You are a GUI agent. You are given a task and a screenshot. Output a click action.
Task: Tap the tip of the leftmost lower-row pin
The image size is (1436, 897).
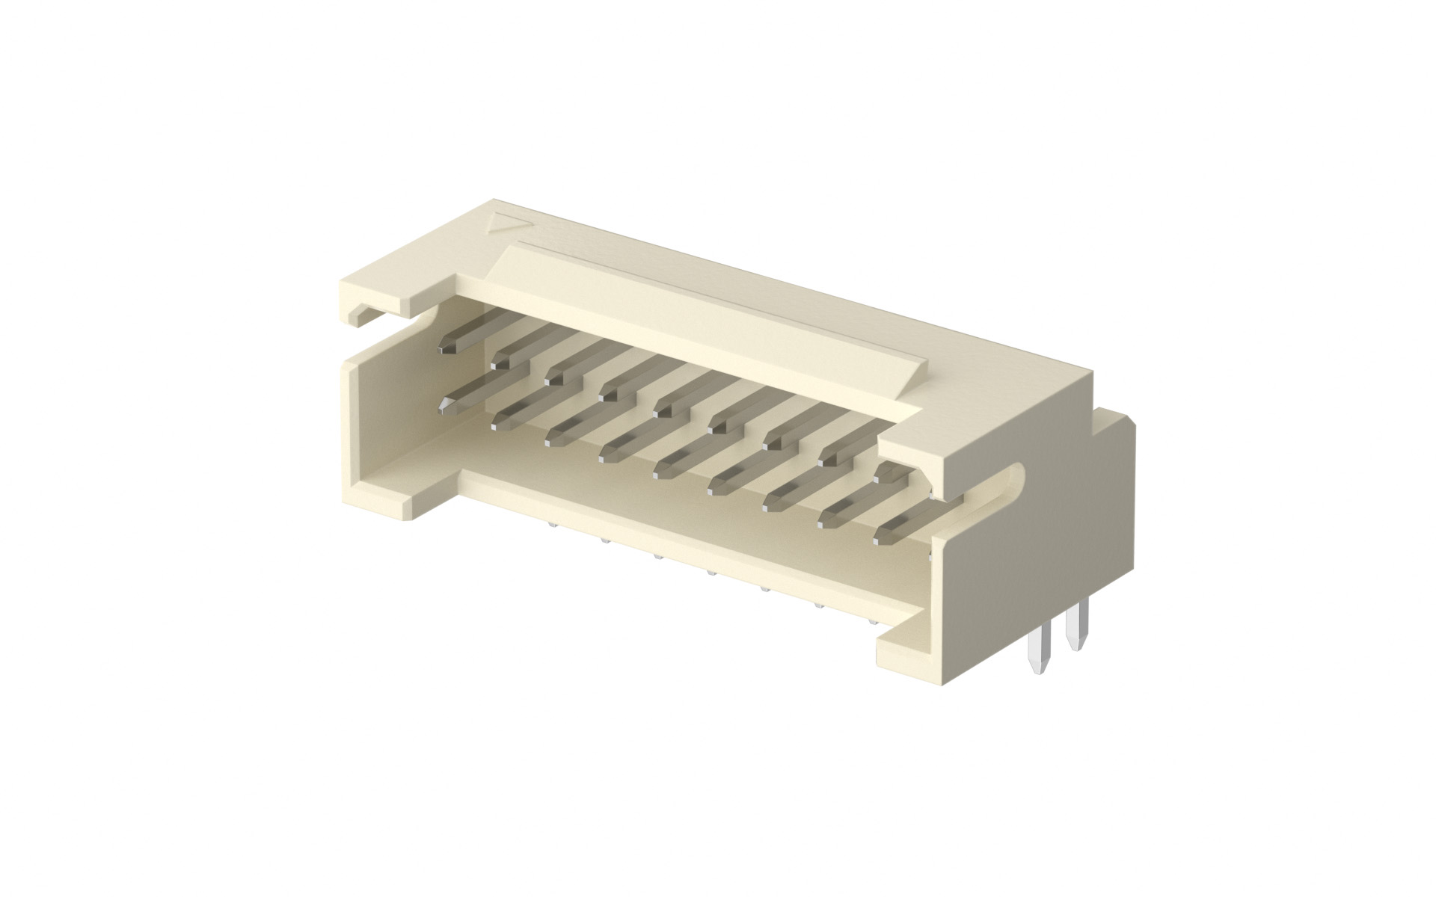447,406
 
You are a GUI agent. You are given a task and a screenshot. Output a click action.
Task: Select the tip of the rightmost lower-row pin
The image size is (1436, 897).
883,534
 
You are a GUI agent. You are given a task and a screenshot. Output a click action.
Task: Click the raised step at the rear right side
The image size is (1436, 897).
1114,430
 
